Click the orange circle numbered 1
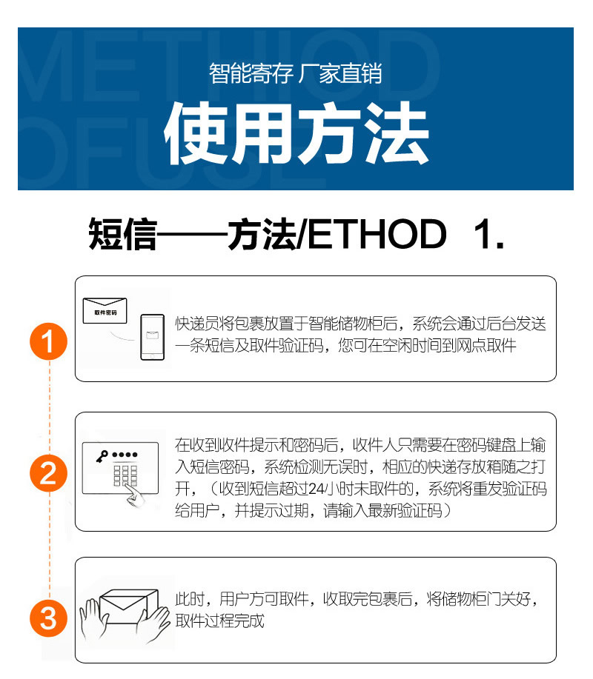[48, 341]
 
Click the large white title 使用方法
[296, 133]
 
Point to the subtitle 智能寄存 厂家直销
[296, 73]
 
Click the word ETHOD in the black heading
[377, 234]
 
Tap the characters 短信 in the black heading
[122, 234]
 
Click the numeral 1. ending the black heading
[489, 234]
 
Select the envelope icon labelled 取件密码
[105, 310]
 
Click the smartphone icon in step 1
[152, 337]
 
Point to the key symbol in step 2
[102, 456]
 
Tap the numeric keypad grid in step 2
[125, 475]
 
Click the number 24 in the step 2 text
[316, 489]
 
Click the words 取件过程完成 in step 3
[219, 621]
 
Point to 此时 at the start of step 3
[190, 599]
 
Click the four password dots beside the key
[125, 455]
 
